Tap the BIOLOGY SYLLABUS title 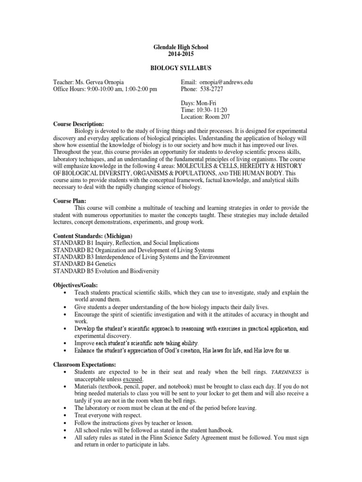pyautogui.click(x=181, y=68)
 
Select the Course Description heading pyautogui.click(x=78, y=123)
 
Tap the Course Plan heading pyautogui.click(x=69, y=201)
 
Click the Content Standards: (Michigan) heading pyautogui.click(x=93, y=235)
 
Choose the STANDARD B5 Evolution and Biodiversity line pyautogui.click(x=106, y=271)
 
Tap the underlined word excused pyautogui.click(x=133, y=379)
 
